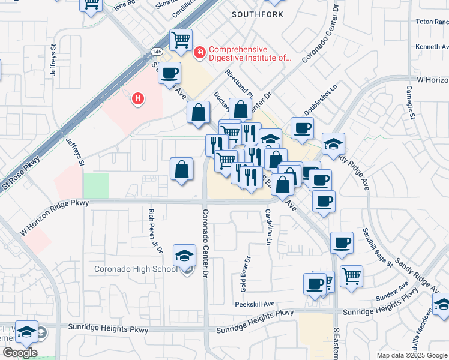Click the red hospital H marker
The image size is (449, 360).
click(x=139, y=98)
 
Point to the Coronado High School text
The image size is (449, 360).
click(x=136, y=268)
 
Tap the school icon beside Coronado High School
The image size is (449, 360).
click(x=184, y=256)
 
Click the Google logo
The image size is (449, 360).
click(x=19, y=352)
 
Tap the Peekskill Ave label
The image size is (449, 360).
click(x=255, y=304)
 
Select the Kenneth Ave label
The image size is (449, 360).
click(x=432, y=46)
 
